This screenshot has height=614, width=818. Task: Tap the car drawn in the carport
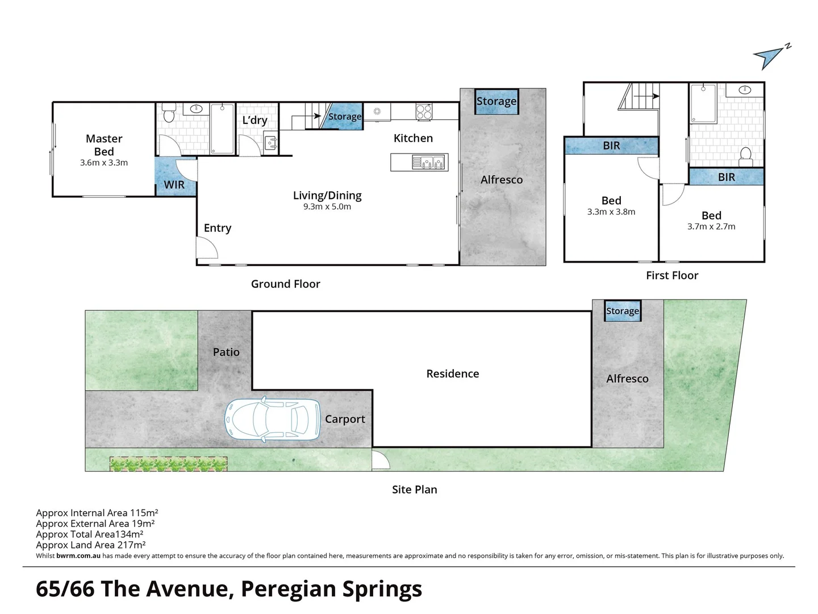[273, 420]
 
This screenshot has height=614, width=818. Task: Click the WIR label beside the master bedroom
[174, 185]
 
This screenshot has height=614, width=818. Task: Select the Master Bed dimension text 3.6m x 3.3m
[104, 163]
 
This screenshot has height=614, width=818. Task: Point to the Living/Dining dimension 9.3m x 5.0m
[327, 207]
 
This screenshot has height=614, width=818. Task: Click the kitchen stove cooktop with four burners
[424, 111]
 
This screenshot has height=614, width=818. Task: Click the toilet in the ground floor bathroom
[168, 115]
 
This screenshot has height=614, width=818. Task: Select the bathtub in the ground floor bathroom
[222, 128]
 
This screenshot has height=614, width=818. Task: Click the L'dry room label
[254, 120]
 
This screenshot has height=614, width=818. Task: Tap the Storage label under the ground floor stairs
[345, 117]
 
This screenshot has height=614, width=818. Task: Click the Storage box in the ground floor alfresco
[496, 102]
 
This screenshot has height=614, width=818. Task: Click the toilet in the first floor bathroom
[746, 155]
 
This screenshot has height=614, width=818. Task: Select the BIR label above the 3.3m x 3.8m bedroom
[611, 146]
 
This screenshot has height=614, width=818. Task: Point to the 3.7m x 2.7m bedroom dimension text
[711, 226]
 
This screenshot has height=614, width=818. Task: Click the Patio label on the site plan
[226, 352]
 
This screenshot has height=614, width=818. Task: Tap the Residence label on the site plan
[453, 374]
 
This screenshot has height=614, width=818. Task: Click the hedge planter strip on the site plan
[169, 464]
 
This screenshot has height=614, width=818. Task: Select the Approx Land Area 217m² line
[91, 545]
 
